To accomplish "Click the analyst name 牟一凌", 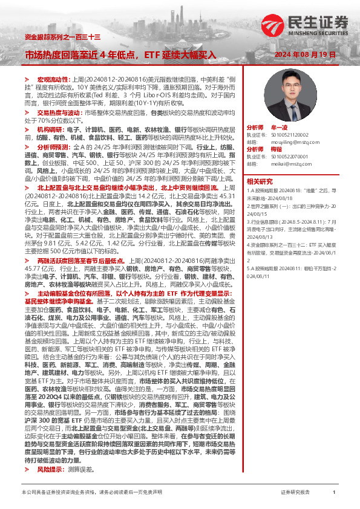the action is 278,128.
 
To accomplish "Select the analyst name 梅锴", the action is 276,149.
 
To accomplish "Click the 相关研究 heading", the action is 260,181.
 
